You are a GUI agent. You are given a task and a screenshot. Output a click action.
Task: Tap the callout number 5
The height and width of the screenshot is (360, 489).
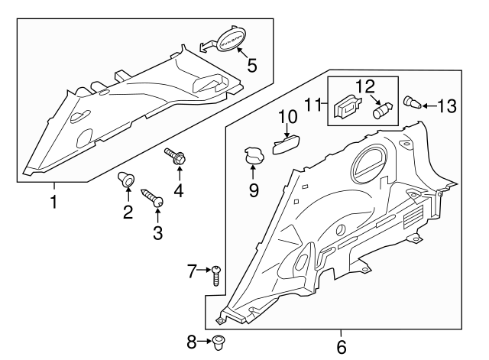coord(251,66)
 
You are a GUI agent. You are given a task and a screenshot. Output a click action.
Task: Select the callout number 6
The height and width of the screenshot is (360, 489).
coord(341,347)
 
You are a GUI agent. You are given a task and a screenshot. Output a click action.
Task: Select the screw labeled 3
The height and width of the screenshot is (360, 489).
coord(157,200)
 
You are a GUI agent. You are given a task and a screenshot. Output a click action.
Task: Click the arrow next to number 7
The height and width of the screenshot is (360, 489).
coord(204,269)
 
